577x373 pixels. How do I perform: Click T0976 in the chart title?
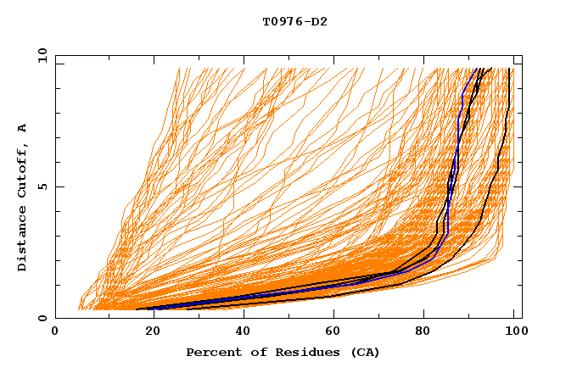click(282, 21)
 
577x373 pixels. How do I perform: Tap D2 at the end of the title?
click(318, 21)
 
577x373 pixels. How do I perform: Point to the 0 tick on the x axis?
click(56, 332)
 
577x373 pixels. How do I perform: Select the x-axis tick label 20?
click(148, 332)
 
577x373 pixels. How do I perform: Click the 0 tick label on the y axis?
click(42, 318)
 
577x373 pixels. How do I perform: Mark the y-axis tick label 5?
click(42, 186)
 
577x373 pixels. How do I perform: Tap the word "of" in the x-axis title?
click(253, 352)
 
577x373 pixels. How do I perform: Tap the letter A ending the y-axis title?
click(22, 127)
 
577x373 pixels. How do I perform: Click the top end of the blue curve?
click(476, 69)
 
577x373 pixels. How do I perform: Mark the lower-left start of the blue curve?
click(154, 309)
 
